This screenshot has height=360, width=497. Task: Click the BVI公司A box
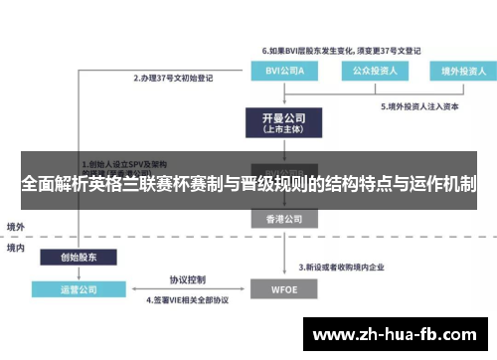[279, 72]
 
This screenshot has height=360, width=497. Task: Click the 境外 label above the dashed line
[16, 227]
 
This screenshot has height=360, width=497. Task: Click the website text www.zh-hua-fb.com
[398, 334]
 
